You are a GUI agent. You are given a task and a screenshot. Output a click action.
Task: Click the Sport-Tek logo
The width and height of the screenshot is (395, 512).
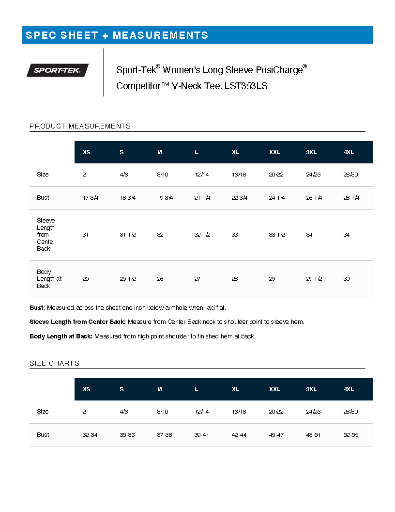click(x=58, y=70)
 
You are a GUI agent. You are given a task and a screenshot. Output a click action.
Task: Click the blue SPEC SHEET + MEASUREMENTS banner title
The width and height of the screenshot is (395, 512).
click(x=117, y=35)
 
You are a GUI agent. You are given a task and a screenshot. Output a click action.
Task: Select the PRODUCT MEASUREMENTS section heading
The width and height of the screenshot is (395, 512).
click(x=80, y=126)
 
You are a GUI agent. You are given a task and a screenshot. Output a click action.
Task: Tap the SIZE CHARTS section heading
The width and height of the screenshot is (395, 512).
click(x=54, y=363)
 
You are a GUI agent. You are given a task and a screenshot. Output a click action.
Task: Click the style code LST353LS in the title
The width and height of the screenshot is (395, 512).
click(x=246, y=86)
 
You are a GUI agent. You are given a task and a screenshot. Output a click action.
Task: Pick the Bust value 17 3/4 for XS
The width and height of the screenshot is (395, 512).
click(x=90, y=198)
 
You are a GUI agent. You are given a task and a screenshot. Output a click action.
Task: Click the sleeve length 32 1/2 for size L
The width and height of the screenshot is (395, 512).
click(x=202, y=235)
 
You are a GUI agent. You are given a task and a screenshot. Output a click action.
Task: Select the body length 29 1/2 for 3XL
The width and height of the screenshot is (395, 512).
click(x=314, y=279)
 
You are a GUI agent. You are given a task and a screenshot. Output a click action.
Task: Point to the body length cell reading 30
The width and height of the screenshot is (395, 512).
click(x=347, y=279)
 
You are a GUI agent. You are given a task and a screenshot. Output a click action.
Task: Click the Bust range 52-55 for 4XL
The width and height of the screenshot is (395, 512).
click(x=350, y=435)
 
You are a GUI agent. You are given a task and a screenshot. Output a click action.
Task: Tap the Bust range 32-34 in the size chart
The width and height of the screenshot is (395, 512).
click(x=90, y=435)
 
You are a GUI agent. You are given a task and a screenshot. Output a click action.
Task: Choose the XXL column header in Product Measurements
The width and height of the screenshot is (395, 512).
click(x=274, y=152)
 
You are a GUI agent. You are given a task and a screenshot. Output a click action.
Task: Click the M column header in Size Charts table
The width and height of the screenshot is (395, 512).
click(x=160, y=389)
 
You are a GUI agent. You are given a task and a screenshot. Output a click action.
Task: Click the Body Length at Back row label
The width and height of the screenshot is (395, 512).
click(x=49, y=279)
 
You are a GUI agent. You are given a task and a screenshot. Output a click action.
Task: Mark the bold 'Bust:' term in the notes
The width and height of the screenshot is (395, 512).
click(x=37, y=308)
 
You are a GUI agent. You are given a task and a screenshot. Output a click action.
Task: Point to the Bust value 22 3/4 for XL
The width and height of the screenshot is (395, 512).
click(x=239, y=198)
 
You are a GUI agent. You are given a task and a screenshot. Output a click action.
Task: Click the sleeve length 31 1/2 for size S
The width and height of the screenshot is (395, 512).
click(x=127, y=235)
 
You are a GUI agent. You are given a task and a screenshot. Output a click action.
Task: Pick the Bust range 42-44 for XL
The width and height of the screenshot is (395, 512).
click(x=239, y=435)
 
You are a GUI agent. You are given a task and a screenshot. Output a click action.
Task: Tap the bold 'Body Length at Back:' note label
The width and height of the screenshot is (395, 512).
click(x=61, y=336)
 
